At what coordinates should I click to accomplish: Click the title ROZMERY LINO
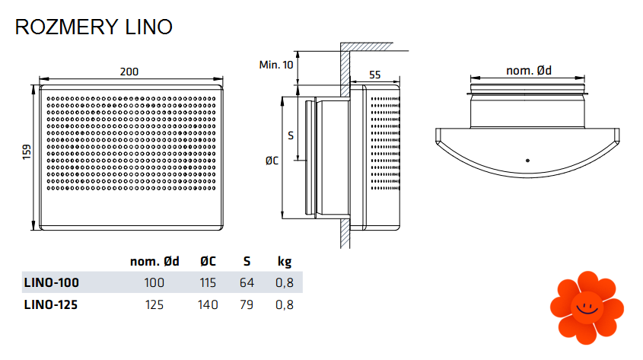(94, 27)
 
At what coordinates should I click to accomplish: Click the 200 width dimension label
(129, 72)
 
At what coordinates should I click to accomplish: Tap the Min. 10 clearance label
(276, 65)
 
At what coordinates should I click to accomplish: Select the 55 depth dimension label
(374, 75)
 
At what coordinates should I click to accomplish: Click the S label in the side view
(291, 135)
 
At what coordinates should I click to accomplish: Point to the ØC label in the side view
(272, 161)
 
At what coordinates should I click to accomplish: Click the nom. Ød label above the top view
(529, 71)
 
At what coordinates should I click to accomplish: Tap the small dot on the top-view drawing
(527, 161)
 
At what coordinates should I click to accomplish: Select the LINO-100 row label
(51, 282)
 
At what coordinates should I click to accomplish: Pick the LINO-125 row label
(51, 304)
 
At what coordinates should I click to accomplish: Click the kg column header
(285, 262)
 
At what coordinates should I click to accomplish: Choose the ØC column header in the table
(208, 262)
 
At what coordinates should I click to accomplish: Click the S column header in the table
(247, 262)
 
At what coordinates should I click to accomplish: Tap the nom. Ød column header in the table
(154, 262)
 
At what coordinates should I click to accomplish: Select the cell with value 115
(208, 282)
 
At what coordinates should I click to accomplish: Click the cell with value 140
(208, 304)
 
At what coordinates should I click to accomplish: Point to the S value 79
(247, 304)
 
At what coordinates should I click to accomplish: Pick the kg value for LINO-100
(285, 282)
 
